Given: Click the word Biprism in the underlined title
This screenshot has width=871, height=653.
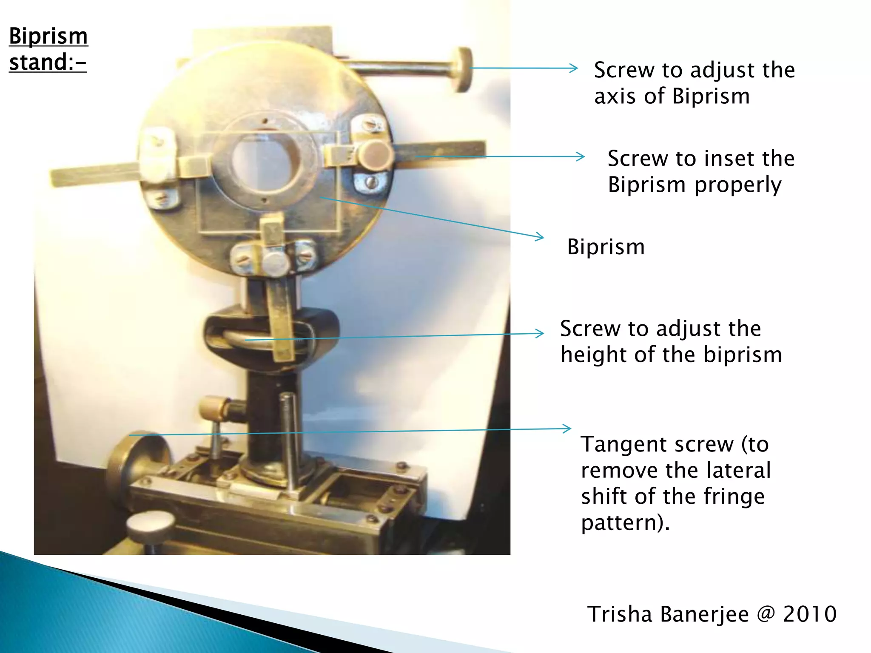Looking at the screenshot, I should click(x=48, y=37).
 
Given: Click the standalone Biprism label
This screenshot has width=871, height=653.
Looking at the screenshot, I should click(x=606, y=247).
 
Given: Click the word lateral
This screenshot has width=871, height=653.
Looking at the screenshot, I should click(x=738, y=470).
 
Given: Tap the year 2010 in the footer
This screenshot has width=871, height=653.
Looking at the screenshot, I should click(x=810, y=614).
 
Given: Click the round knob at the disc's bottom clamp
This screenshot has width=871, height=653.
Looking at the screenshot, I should click(x=275, y=262).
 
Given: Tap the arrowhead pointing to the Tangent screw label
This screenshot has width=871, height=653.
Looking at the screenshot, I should click(x=568, y=429).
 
